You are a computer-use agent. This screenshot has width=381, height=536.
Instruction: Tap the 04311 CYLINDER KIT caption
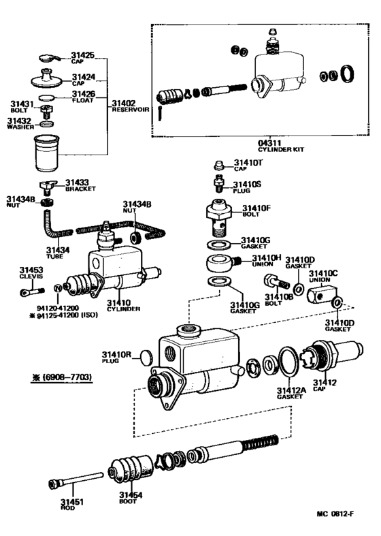pyautogui.click(x=276, y=146)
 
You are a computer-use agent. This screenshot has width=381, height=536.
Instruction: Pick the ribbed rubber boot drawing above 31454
pyautogui.click(x=130, y=469)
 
